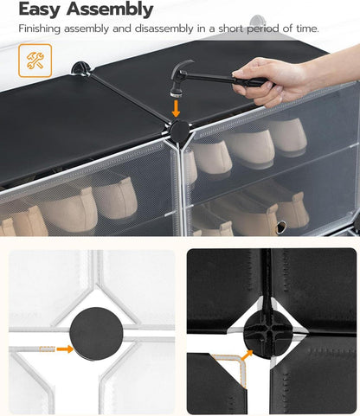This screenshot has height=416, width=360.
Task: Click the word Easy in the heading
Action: tap(39, 10)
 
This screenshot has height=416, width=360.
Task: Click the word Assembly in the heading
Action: tap(110, 10)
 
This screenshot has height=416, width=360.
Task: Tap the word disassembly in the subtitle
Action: tap(164, 29)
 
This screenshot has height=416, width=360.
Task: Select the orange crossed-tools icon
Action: tap(35, 61)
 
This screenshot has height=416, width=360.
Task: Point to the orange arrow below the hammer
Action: tap(176, 108)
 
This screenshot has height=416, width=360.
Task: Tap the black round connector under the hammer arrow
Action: tap(179, 132)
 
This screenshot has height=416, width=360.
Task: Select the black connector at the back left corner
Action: tap(80, 69)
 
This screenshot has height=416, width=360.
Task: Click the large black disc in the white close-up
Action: tap(96, 333)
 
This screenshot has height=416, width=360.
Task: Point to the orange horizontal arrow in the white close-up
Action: tap(65, 349)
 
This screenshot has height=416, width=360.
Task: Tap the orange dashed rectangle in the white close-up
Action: tap(47, 349)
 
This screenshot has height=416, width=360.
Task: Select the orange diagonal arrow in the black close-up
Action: tap(247, 355)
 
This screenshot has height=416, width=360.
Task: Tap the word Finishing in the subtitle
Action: tap(40, 29)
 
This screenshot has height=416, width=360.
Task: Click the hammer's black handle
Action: tap(222, 78)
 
